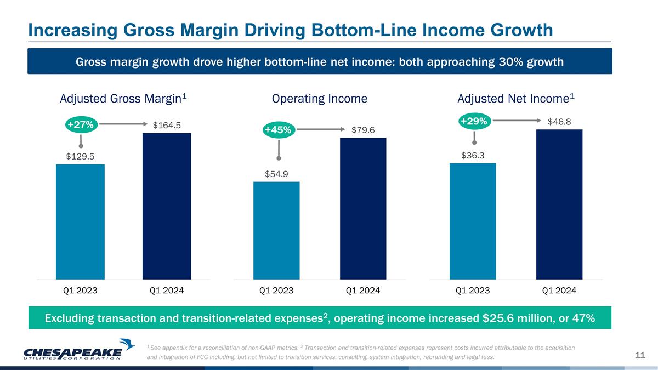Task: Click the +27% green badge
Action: [x=81, y=125]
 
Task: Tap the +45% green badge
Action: [x=278, y=130]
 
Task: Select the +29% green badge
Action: [x=474, y=121]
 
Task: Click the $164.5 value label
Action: [x=167, y=126]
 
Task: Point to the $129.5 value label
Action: [x=80, y=157]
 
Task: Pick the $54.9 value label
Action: [x=276, y=174]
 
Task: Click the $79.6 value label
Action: [x=363, y=130]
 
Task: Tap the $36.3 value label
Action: [x=473, y=155]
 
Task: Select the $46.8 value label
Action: [x=559, y=122]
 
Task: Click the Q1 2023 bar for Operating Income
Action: [x=276, y=231]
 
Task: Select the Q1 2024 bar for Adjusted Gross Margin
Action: [x=167, y=206]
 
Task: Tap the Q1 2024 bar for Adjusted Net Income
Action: [x=559, y=204]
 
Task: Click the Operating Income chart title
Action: [x=320, y=99]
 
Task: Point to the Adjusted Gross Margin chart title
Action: [x=123, y=99]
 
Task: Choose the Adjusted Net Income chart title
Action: [x=516, y=99]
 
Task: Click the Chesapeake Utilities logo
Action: [x=79, y=350]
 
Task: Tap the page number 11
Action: [x=640, y=355]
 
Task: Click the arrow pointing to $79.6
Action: [x=321, y=129]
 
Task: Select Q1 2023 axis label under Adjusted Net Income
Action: [x=473, y=291]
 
